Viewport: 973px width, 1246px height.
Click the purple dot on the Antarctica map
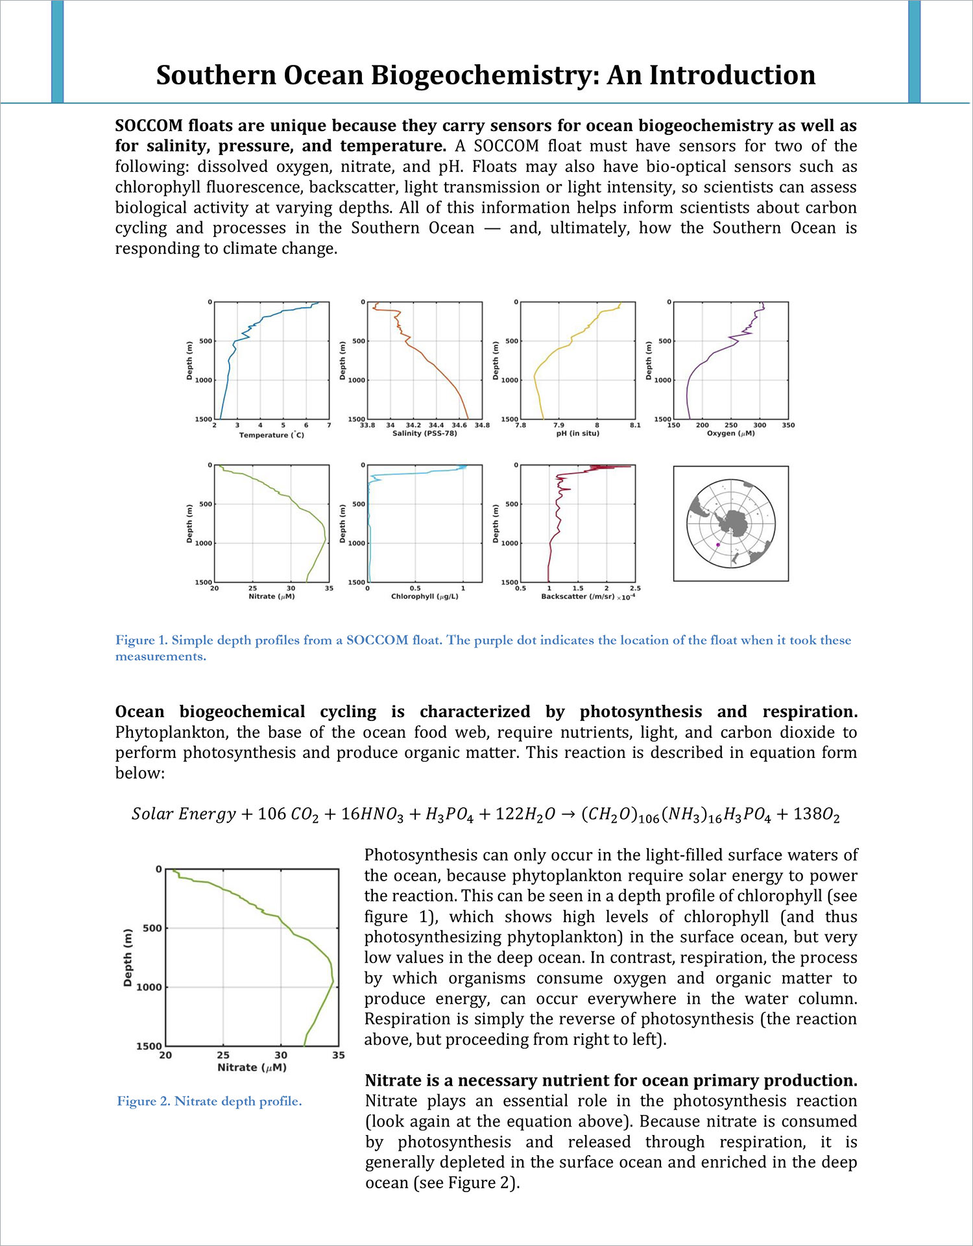coord(717,545)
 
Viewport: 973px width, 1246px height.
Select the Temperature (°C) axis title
coord(271,435)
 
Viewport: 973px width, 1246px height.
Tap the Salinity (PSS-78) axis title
coord(424,434)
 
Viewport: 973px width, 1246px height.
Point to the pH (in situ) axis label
coord(577,434)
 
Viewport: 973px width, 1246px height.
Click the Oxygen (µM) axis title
coord(730,434)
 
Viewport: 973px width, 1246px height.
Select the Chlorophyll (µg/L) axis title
coord(424,596)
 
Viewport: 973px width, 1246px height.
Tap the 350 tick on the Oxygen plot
coord(787,426)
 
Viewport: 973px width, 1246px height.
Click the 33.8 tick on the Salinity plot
coord(367,426)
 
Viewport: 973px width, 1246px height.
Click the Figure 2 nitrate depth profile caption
coord(209,1101)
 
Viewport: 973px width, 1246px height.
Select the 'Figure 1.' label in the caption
coord(141,641)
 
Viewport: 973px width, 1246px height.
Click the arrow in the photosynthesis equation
coord(568,814)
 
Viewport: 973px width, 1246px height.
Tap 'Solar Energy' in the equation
coord(184,814)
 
